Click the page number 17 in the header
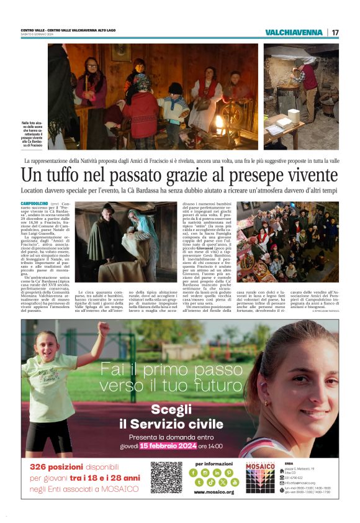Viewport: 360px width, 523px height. (x=335, y=32)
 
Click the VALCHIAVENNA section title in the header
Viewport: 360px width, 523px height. (x=294, y=32)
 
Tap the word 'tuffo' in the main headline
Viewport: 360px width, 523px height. (x=67, y=176)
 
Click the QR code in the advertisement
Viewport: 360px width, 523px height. (x=166, y=477)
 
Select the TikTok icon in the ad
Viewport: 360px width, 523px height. (x=211, y=482)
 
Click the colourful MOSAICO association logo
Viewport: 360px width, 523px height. (x=259, y=478)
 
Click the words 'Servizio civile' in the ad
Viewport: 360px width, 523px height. (x=170, y=424)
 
